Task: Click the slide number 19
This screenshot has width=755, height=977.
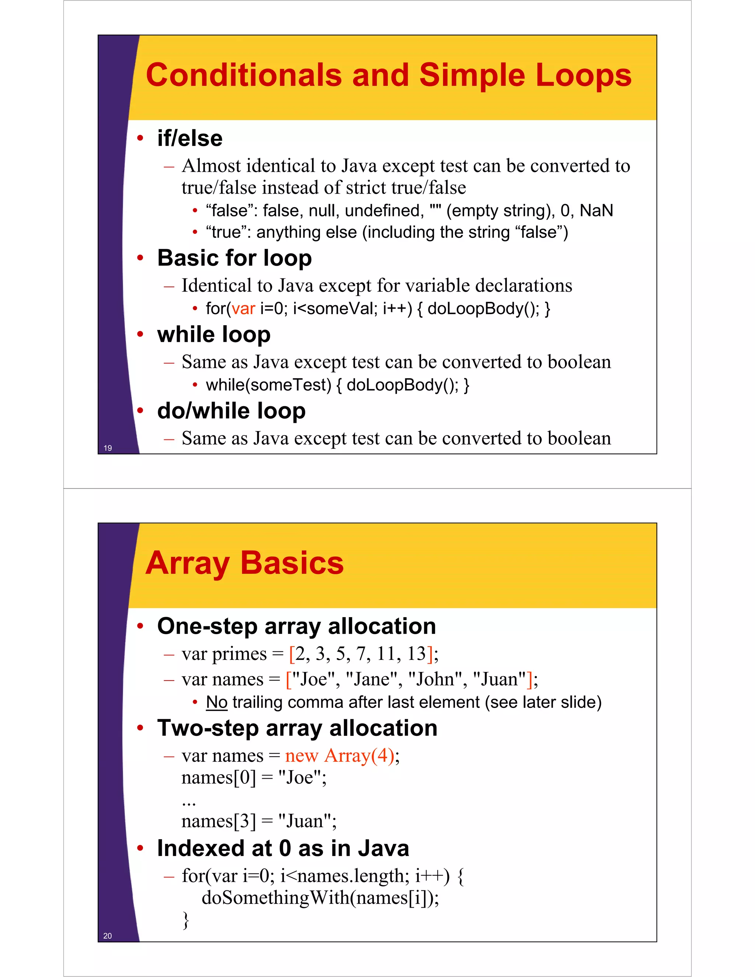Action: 108,448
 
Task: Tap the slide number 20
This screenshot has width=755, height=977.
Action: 108,936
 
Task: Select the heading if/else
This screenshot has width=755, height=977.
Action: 189,138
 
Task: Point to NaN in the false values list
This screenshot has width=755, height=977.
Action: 596,210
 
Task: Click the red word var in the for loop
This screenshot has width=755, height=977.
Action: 243,309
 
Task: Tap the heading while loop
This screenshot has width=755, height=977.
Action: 214,335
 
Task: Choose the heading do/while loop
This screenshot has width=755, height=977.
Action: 231,411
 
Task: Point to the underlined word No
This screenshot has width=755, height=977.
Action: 216,702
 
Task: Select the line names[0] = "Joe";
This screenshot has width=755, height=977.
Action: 254,778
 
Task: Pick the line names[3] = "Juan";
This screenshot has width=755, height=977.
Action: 258,821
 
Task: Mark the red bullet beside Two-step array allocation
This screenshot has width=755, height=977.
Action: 140,728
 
